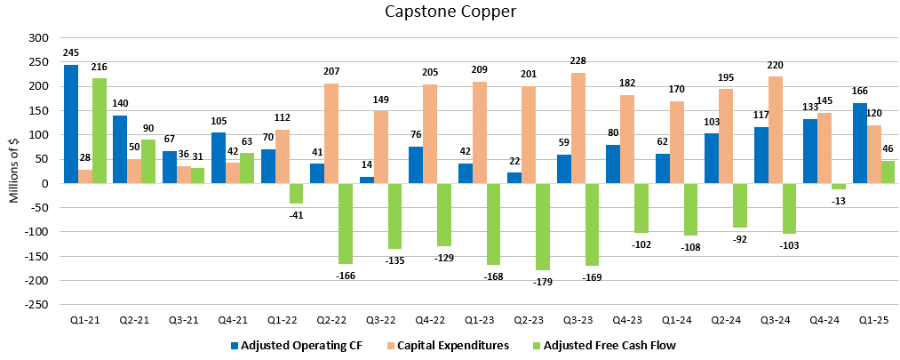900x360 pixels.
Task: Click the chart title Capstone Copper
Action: coord(450,12)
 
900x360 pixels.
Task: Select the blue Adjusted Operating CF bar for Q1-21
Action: coord(71,124)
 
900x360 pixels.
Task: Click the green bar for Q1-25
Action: coord(887,172)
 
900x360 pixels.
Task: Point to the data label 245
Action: coord(71,53)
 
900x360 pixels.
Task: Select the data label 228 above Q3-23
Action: coord(577,61)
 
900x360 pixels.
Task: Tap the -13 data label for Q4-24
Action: coord(838,200)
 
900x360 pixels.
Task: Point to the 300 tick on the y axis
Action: coord(38,38)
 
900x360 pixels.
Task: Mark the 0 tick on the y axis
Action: coord(44,184)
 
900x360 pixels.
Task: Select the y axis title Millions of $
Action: coord(13,172)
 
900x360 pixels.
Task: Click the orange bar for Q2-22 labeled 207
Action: coord(331,133)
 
